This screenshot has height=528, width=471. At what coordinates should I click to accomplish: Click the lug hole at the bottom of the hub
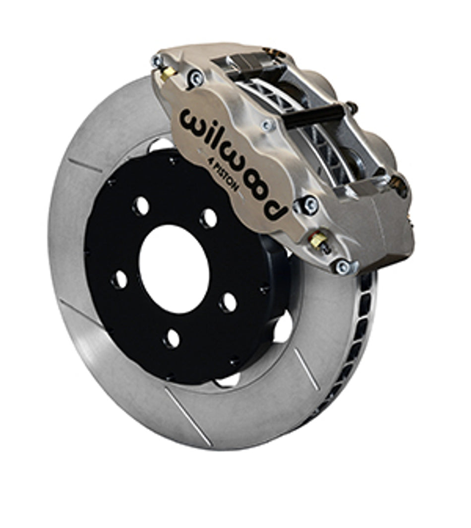click(x=172, y=338)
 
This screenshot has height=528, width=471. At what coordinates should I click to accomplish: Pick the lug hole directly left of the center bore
click(x=119, y=280)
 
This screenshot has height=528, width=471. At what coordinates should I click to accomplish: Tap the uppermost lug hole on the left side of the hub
click(x=141, y=206)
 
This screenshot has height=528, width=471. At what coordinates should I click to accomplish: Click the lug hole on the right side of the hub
click(x=229, y=302)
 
